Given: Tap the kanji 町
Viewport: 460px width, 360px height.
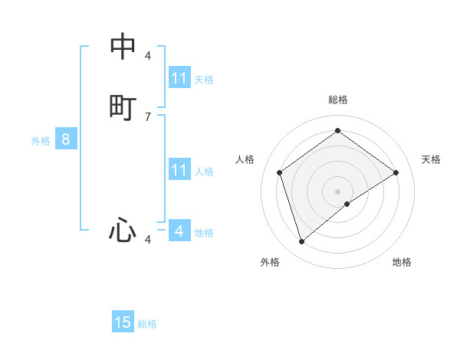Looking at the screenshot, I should click(x=123, y=106).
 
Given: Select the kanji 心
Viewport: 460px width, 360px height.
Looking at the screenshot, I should click(x=123, y=229).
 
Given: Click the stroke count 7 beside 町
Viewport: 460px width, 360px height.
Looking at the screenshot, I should click(x=148, y=116).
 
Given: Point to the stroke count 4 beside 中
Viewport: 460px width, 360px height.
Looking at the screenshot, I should click(x=148, y=56).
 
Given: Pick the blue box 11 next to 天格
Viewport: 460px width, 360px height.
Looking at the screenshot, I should click(x=179, y=78).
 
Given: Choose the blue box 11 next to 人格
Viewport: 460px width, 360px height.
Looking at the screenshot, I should click(x=179, y=170).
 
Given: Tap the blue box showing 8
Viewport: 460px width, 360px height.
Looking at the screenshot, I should click(x=66, y=139).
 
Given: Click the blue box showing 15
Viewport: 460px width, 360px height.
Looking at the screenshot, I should click(x=123, y=322).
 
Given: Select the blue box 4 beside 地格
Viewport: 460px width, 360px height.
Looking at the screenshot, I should click(x=179, y=231).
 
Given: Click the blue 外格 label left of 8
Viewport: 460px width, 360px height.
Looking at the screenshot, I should click(x=41, y=141).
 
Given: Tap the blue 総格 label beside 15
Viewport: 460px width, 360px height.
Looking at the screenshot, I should click(x=147, y=324).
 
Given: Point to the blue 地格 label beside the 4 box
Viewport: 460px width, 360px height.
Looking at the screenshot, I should click(x=204, y=233).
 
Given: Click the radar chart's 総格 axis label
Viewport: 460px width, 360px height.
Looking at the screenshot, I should click(x=338, y=100).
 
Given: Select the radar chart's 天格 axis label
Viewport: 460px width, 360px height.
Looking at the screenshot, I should click(x=431, y=159).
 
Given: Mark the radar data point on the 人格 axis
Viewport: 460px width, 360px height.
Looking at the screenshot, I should click(x=280, y=172).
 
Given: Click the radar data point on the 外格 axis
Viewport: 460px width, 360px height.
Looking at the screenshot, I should click(x=302, y=242).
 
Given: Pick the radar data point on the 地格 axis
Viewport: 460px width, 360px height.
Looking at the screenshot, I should click(x=347, y=204).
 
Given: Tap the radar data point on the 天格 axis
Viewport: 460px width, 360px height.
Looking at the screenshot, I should click(x=396, y=172).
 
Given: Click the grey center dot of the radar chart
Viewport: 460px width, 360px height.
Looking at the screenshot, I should click(x=338, y=191).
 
